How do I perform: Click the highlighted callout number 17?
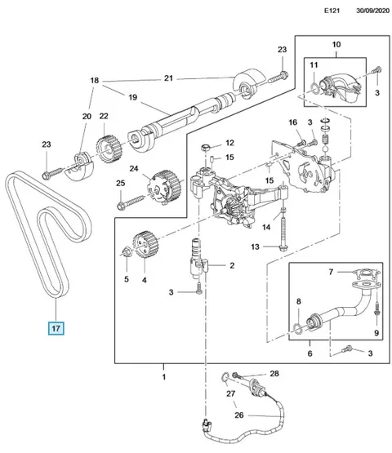56,328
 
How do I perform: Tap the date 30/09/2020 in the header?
372,11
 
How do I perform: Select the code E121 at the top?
332,11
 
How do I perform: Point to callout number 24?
134,168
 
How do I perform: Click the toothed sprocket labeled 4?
145,244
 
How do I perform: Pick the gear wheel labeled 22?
109,150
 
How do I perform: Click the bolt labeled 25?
131,202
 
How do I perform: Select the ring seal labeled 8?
298,326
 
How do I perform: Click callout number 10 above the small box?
336,45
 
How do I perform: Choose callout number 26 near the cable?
239,415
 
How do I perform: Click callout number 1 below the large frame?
164,377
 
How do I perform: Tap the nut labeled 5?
127,252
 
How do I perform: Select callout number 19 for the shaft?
132,97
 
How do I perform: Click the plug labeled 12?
206,148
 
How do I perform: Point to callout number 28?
274,374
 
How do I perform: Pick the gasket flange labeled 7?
367,272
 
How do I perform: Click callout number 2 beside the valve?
232,265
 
